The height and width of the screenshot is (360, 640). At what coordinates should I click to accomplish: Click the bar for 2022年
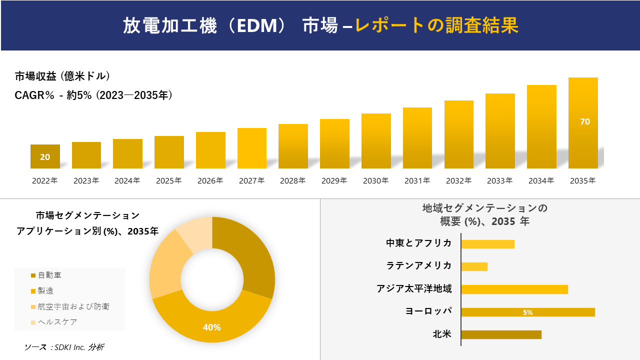(x=45, y=156)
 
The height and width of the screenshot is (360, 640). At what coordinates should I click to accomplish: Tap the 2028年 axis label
(x=292, y=181)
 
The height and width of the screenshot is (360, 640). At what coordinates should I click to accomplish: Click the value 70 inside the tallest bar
(x=585, y=121)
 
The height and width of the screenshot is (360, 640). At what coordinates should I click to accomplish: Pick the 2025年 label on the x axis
(x=168, y=181)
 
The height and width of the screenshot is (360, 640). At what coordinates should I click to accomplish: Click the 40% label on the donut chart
(x=211, y=327)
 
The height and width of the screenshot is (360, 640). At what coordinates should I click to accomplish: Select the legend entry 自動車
(x=49, y=275)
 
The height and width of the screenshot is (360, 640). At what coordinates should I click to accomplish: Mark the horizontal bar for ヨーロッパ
(x=527, y=312)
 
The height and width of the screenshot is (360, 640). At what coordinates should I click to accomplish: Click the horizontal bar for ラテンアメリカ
(x=474, y=267)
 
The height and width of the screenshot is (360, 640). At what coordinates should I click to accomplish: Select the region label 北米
(x=441, y=334)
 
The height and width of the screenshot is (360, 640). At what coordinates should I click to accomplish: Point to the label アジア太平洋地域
(x=414, y=289)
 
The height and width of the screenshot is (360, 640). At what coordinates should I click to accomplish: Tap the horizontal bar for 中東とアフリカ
(x=487, y=244)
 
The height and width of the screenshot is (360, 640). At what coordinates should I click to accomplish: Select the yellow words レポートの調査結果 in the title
(x=436, y=25)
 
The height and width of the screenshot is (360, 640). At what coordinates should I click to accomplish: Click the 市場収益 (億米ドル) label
(x=62, y=76)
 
